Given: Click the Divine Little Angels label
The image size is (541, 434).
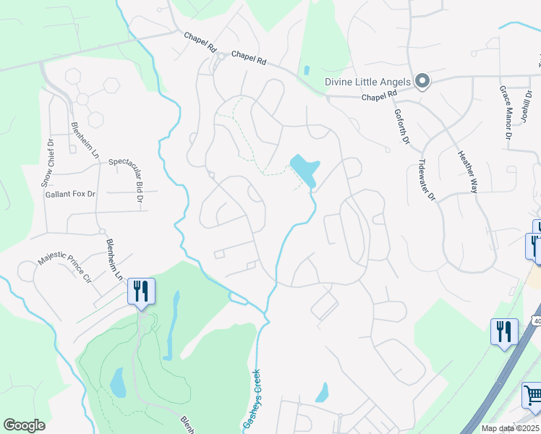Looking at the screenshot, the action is (x=367, y=82).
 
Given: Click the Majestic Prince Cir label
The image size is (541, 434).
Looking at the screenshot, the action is (x=67, y=266).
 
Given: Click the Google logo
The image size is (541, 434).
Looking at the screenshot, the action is (x=24, y=425).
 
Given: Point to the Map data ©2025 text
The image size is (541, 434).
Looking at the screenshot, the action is (x=511, y=428).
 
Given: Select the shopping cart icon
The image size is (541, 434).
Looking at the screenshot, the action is (x=533, y=396).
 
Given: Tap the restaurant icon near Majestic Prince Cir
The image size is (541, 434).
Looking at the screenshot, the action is (x=140, y=292).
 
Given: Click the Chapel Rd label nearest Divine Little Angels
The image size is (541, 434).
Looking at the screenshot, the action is (x=380, y=95).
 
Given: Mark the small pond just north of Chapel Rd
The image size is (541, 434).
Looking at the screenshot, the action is (x=307, y=71).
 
